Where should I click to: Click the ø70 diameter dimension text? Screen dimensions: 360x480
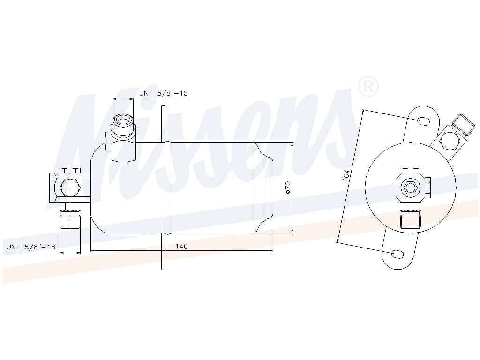tap(288, 187)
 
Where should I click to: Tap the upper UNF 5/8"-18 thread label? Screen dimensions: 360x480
tap(163, 93)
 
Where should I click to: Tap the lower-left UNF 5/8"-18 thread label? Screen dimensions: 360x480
tap(31, 247)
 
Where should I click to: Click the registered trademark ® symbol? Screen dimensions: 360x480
tap(368, 87)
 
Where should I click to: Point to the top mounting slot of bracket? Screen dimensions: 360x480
tap(423, 121)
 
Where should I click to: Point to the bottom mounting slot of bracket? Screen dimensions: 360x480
tap(397, 254)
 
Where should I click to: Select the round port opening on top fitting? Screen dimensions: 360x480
tap(123, 120)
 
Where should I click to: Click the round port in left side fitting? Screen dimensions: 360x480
tap(70, 187)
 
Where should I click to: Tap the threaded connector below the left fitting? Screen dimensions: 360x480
tap(70, 219)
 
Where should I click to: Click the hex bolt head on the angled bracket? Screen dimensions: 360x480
tap(449, 140)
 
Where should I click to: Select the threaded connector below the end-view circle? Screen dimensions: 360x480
tap(410, 219)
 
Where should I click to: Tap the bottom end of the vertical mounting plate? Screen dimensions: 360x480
tap(163, 267)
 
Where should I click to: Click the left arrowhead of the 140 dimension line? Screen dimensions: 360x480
tap(93, 250)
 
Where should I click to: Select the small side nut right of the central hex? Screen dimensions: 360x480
tap(427, 187)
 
